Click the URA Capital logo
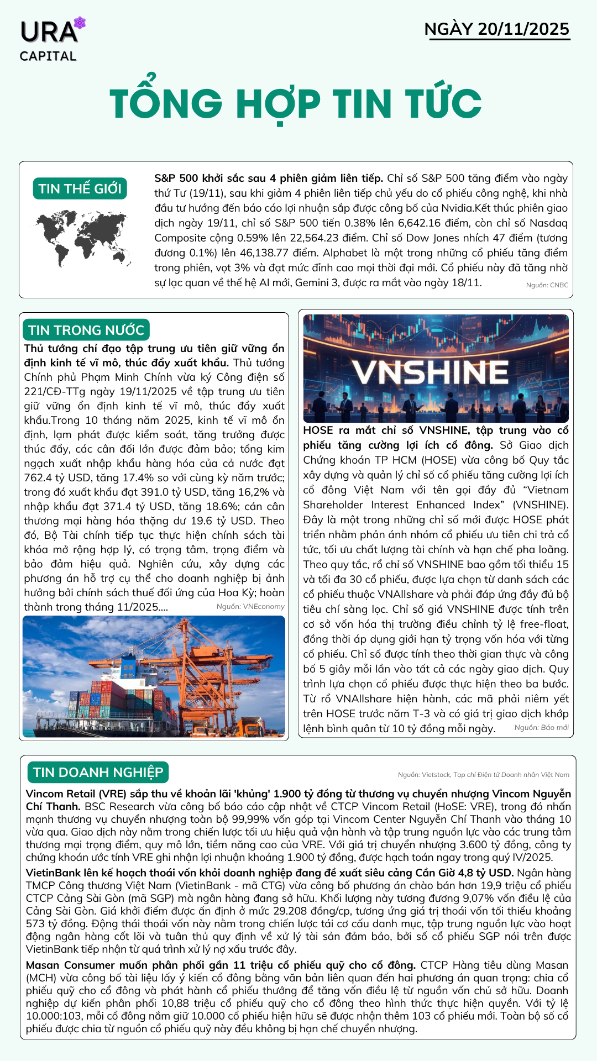tap(50, 40)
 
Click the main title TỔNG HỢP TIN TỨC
tap(295, 103)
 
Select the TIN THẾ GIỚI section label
tap(80, 188)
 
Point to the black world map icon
tap(83, 238)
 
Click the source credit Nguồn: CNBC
tap(547, 285)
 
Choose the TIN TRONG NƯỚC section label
tap(86, 330)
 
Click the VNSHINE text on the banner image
tap(431, 372)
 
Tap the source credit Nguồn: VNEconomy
tap(250, 607)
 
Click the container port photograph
tap(154, 676)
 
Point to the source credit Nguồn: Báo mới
tap(541, 728)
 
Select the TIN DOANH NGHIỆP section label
tap(98, 772)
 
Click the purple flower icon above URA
tap(80, 23)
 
